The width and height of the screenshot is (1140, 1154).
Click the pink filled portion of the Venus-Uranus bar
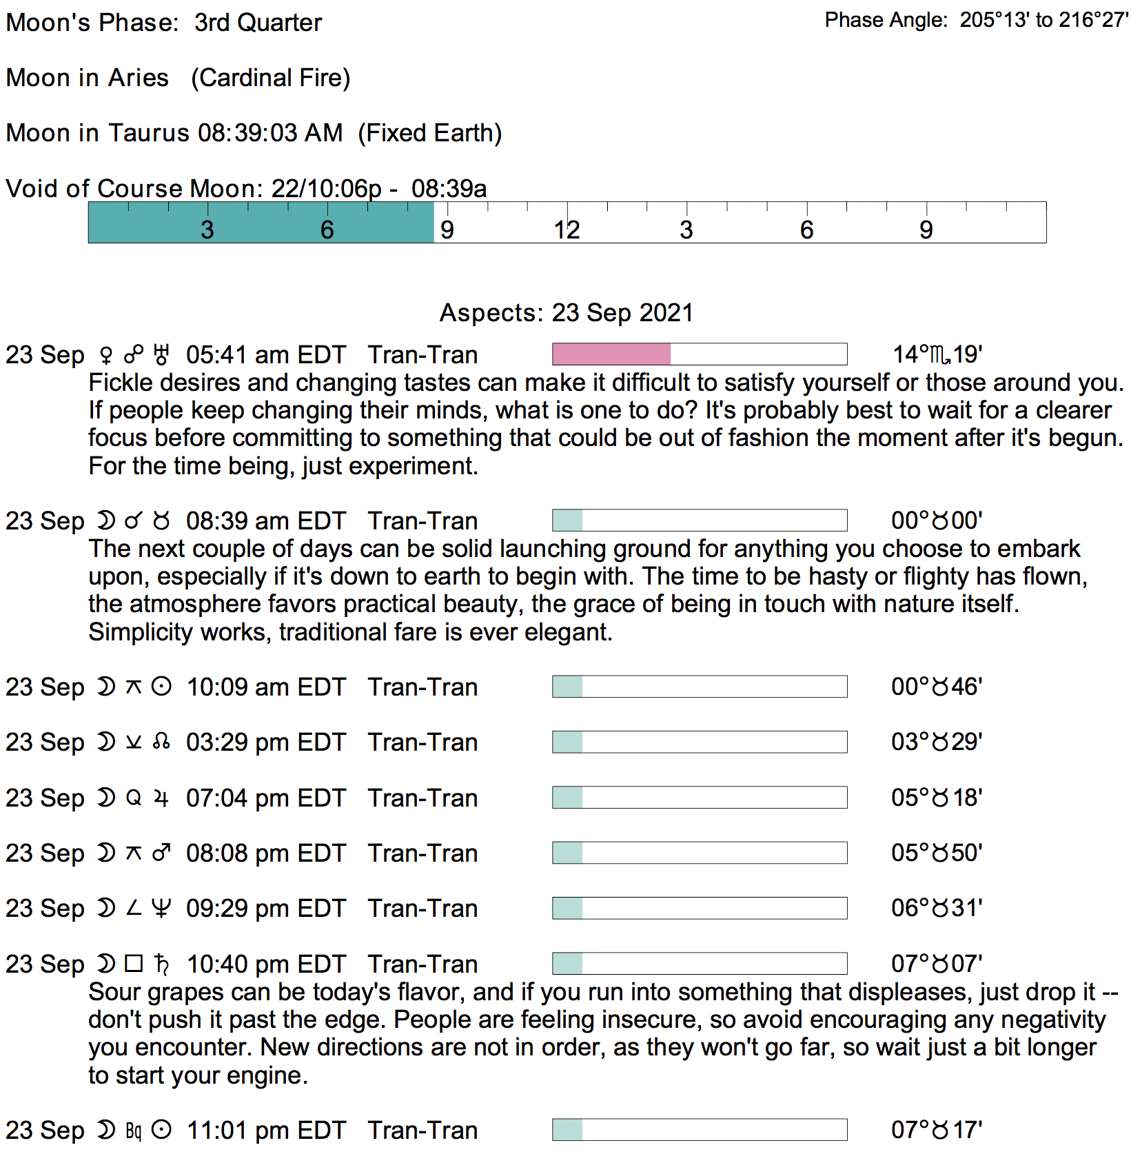pos(611,354)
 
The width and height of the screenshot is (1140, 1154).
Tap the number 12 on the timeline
pos(567,230)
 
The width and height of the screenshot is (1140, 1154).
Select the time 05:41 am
pos(237,355)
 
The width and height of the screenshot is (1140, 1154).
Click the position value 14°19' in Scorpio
pos(937,355)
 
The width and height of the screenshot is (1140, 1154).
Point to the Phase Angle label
pos(886,20)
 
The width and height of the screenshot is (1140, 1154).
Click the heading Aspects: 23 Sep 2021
pos(566,313)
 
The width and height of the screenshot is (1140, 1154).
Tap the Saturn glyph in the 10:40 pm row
pos(161,964)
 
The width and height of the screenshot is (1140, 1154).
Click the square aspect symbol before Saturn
pos(134,963)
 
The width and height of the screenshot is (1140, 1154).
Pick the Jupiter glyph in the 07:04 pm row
pos(161,798)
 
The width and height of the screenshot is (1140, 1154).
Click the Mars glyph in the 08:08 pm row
pos(161,853)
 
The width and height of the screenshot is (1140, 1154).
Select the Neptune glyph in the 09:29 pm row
pos(161,909)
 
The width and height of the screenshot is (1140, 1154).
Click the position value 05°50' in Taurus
pos(937,853)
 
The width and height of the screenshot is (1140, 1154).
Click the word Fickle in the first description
pos(121,383)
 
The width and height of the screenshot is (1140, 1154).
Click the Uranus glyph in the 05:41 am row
pos(161,355)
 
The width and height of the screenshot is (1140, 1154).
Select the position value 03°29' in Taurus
pos(937,742)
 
